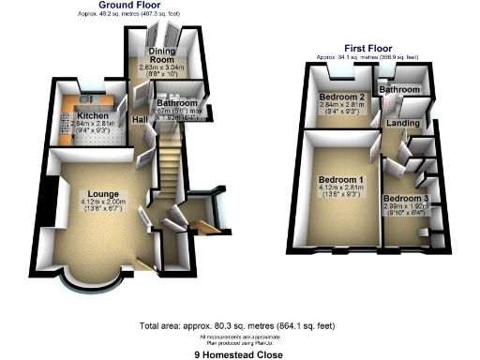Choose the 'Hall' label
click(x=139, y=120)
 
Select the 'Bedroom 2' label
click(x=340, y=97)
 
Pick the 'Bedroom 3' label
click(x=405, y=199)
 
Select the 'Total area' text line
click(x=239, y=327)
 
